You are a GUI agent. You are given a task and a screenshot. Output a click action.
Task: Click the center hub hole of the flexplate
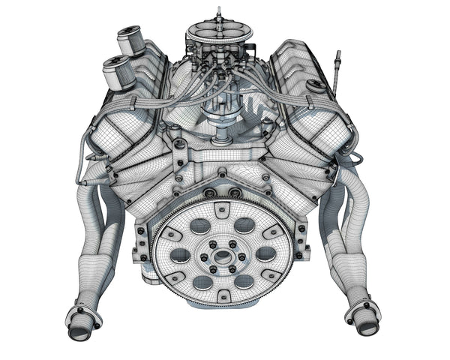pyautogui.click(x=223, y=255)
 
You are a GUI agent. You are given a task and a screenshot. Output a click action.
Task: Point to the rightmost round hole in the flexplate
pyautogui.click(x=265, y=253)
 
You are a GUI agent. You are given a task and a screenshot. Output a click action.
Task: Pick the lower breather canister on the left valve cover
pyautogui.click(x=116, y=73)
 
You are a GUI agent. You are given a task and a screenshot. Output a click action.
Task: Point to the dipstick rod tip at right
pyautogui.click(x=338, y=54)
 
